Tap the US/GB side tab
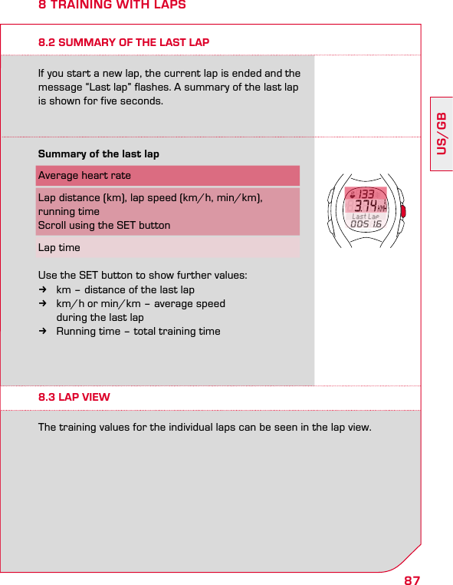click(x=442, y=133)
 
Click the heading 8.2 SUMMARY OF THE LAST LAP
click(x=123, y=42)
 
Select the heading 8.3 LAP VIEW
click(x=74, y=397)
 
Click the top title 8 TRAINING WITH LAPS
click(x=112, y=6)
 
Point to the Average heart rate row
click(x=84, y=176)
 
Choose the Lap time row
click(x=59, y=247)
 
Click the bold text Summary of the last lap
click(x=99, y=154)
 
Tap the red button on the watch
click(x=402, y=210)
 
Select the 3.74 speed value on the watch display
click(x=365, y=206)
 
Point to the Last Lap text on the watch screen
click(x=366, y=217)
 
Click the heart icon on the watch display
click(x=352, y=194)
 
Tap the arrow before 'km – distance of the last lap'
click(x=44, y=290)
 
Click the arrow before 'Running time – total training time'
click(x=44, y=332)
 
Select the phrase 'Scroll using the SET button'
click(x=104, y=226)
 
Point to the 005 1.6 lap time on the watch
click(x=366, y=225)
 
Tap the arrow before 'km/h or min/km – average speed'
click(x=44, y=304)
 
